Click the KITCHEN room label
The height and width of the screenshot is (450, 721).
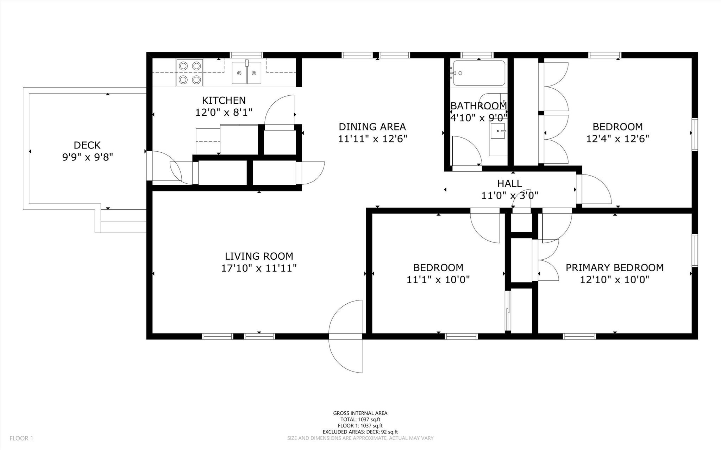tap(224, 100)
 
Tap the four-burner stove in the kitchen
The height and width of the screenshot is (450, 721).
tap(190, 73)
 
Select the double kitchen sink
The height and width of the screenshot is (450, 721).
tap(246, 73)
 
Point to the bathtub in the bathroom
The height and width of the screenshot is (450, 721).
tap(479, 73)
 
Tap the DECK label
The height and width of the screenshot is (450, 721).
tap(87, 145)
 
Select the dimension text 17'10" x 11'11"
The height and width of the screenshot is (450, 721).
tap(259, 268)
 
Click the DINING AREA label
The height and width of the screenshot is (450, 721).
tap(372, 127)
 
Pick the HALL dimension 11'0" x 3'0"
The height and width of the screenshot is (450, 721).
tap(509, 195)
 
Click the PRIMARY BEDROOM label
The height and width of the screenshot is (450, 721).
tap(614, 268)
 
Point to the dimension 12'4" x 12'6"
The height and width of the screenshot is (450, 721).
tap(617, 139)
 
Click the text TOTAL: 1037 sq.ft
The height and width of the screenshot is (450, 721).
tap(360, 419)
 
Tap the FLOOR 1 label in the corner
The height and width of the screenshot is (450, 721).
tap(21, 438)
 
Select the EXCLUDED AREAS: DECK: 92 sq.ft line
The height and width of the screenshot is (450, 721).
tap(360, 432)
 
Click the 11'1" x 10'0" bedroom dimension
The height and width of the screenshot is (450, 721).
tap(438, 280)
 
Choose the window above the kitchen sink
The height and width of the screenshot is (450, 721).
tap(246, 55)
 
